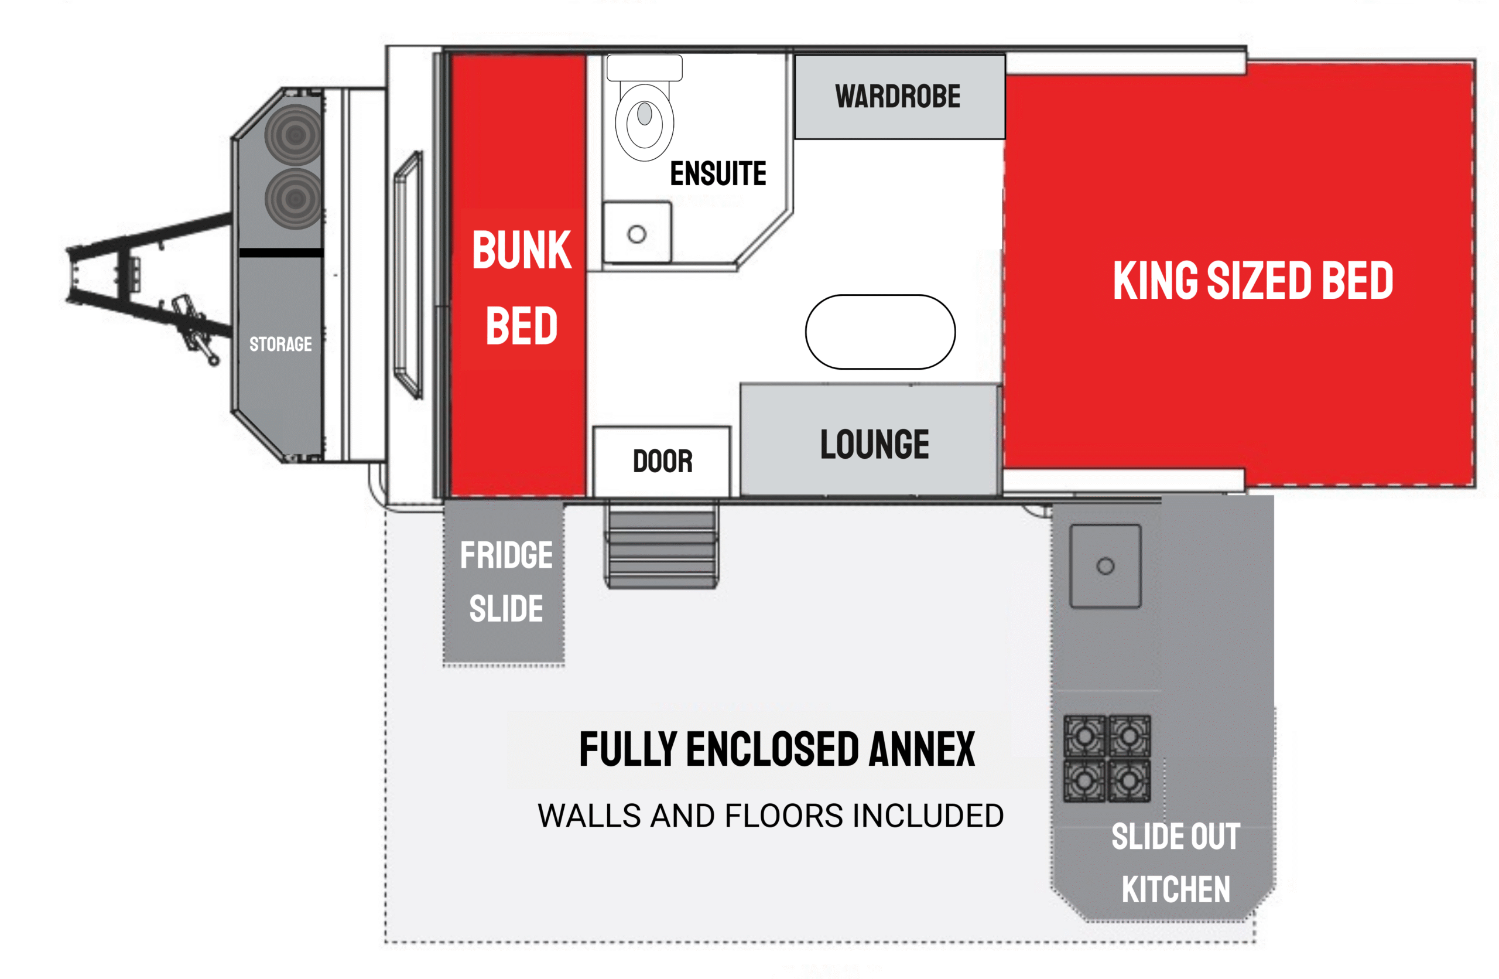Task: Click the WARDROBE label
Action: (x=898, y=97)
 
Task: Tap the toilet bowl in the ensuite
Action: (x=644, y=123)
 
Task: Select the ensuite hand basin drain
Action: (x=636, y=234)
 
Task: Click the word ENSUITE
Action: (x=718, y=173)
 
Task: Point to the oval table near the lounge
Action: (x=880, y=332)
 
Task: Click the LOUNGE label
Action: (x=874, y=444)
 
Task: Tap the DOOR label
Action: (x=663, y=461)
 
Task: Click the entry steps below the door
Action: (x=661, y=545)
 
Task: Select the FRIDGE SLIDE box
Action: (x=504, y=582)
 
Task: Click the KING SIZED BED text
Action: (x=1252, y=281)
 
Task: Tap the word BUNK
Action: (x=522, y=250)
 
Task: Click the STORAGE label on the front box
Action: (x=280, y=344)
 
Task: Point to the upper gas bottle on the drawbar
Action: (x=293, y=134)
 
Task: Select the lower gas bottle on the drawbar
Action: (x=293, y=199)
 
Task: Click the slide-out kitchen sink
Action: (x=1106, y=566)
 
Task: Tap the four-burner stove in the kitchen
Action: (x=1107, y=759)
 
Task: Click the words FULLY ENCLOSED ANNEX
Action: (x=777, y=750)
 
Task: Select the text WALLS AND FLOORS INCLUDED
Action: (x=771, y=816)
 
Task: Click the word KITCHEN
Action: (x=1176, y=889)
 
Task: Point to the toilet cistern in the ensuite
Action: (x=644, y=68)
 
